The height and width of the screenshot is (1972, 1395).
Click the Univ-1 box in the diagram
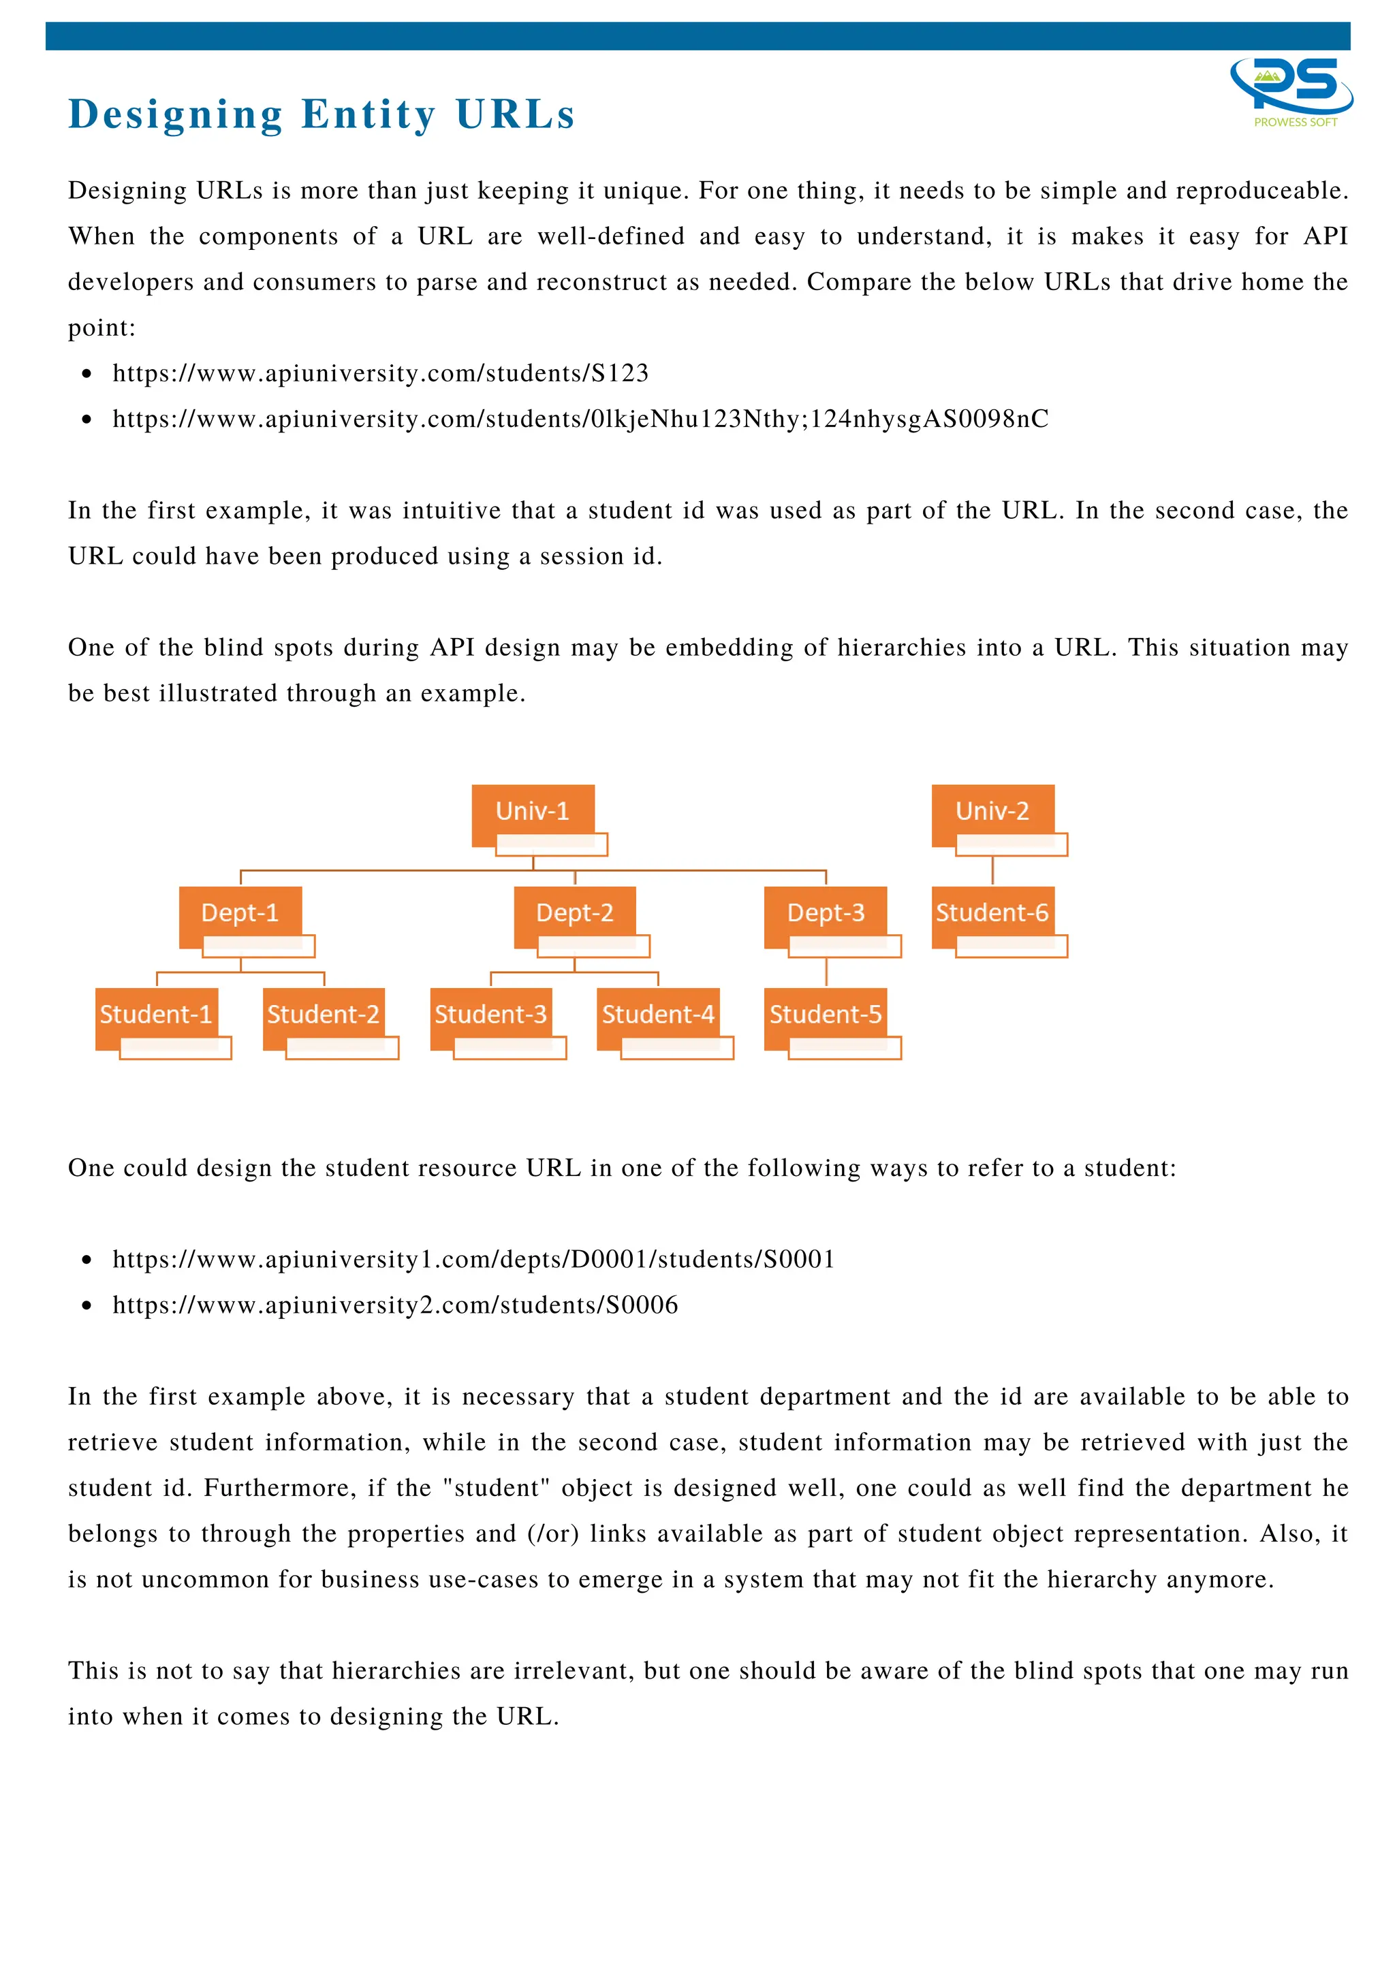tap(533, 812)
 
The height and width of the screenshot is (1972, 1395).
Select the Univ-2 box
tap(992, 812)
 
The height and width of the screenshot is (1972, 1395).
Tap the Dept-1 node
tap(240, 913)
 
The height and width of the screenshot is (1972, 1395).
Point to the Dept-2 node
tap(575, 913)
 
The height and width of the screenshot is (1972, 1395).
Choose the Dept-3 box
tap(826, 913)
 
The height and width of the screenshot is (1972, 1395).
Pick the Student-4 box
tap(658, 1015)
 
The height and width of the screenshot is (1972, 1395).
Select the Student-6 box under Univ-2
tap(992, 913)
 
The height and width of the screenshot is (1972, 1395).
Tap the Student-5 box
tap(826, 1015)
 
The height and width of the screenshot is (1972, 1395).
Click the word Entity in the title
tap(369, 114)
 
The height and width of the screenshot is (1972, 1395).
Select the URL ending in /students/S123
tap(381, 374)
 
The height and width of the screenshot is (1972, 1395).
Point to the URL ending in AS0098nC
tap(580, 419)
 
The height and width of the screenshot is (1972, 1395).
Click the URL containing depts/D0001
tap(473, 1259)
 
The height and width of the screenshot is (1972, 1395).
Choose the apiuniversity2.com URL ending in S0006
tap(395, 1305)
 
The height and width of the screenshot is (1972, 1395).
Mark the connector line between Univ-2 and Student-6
tap(992, 871)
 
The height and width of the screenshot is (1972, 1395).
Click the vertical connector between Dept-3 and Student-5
tap(826, 972)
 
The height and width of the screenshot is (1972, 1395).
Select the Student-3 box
tap(490, 1015)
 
